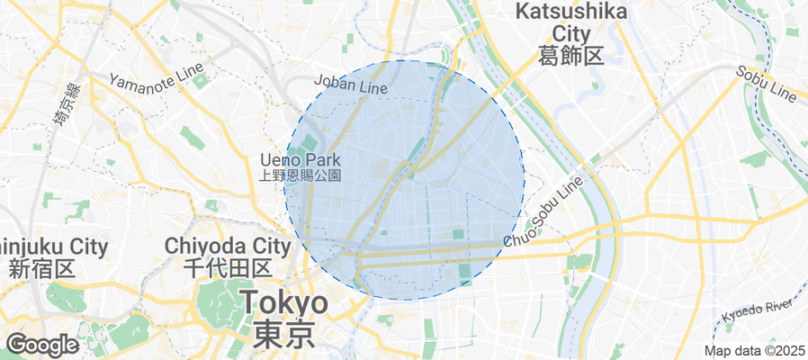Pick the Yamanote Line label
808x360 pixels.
click(150, 79)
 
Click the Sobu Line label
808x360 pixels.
click(767, 83)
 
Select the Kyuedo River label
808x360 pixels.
click(757, 311)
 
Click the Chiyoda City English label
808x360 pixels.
click(228, 246)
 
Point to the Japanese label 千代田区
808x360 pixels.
click(228, 267)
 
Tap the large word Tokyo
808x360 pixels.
click(283, 303)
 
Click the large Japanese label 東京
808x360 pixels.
click(283, 334)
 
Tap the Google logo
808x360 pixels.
click(41, 344)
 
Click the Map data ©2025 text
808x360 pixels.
click(753, 350)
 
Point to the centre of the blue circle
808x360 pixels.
click(404, 180)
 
